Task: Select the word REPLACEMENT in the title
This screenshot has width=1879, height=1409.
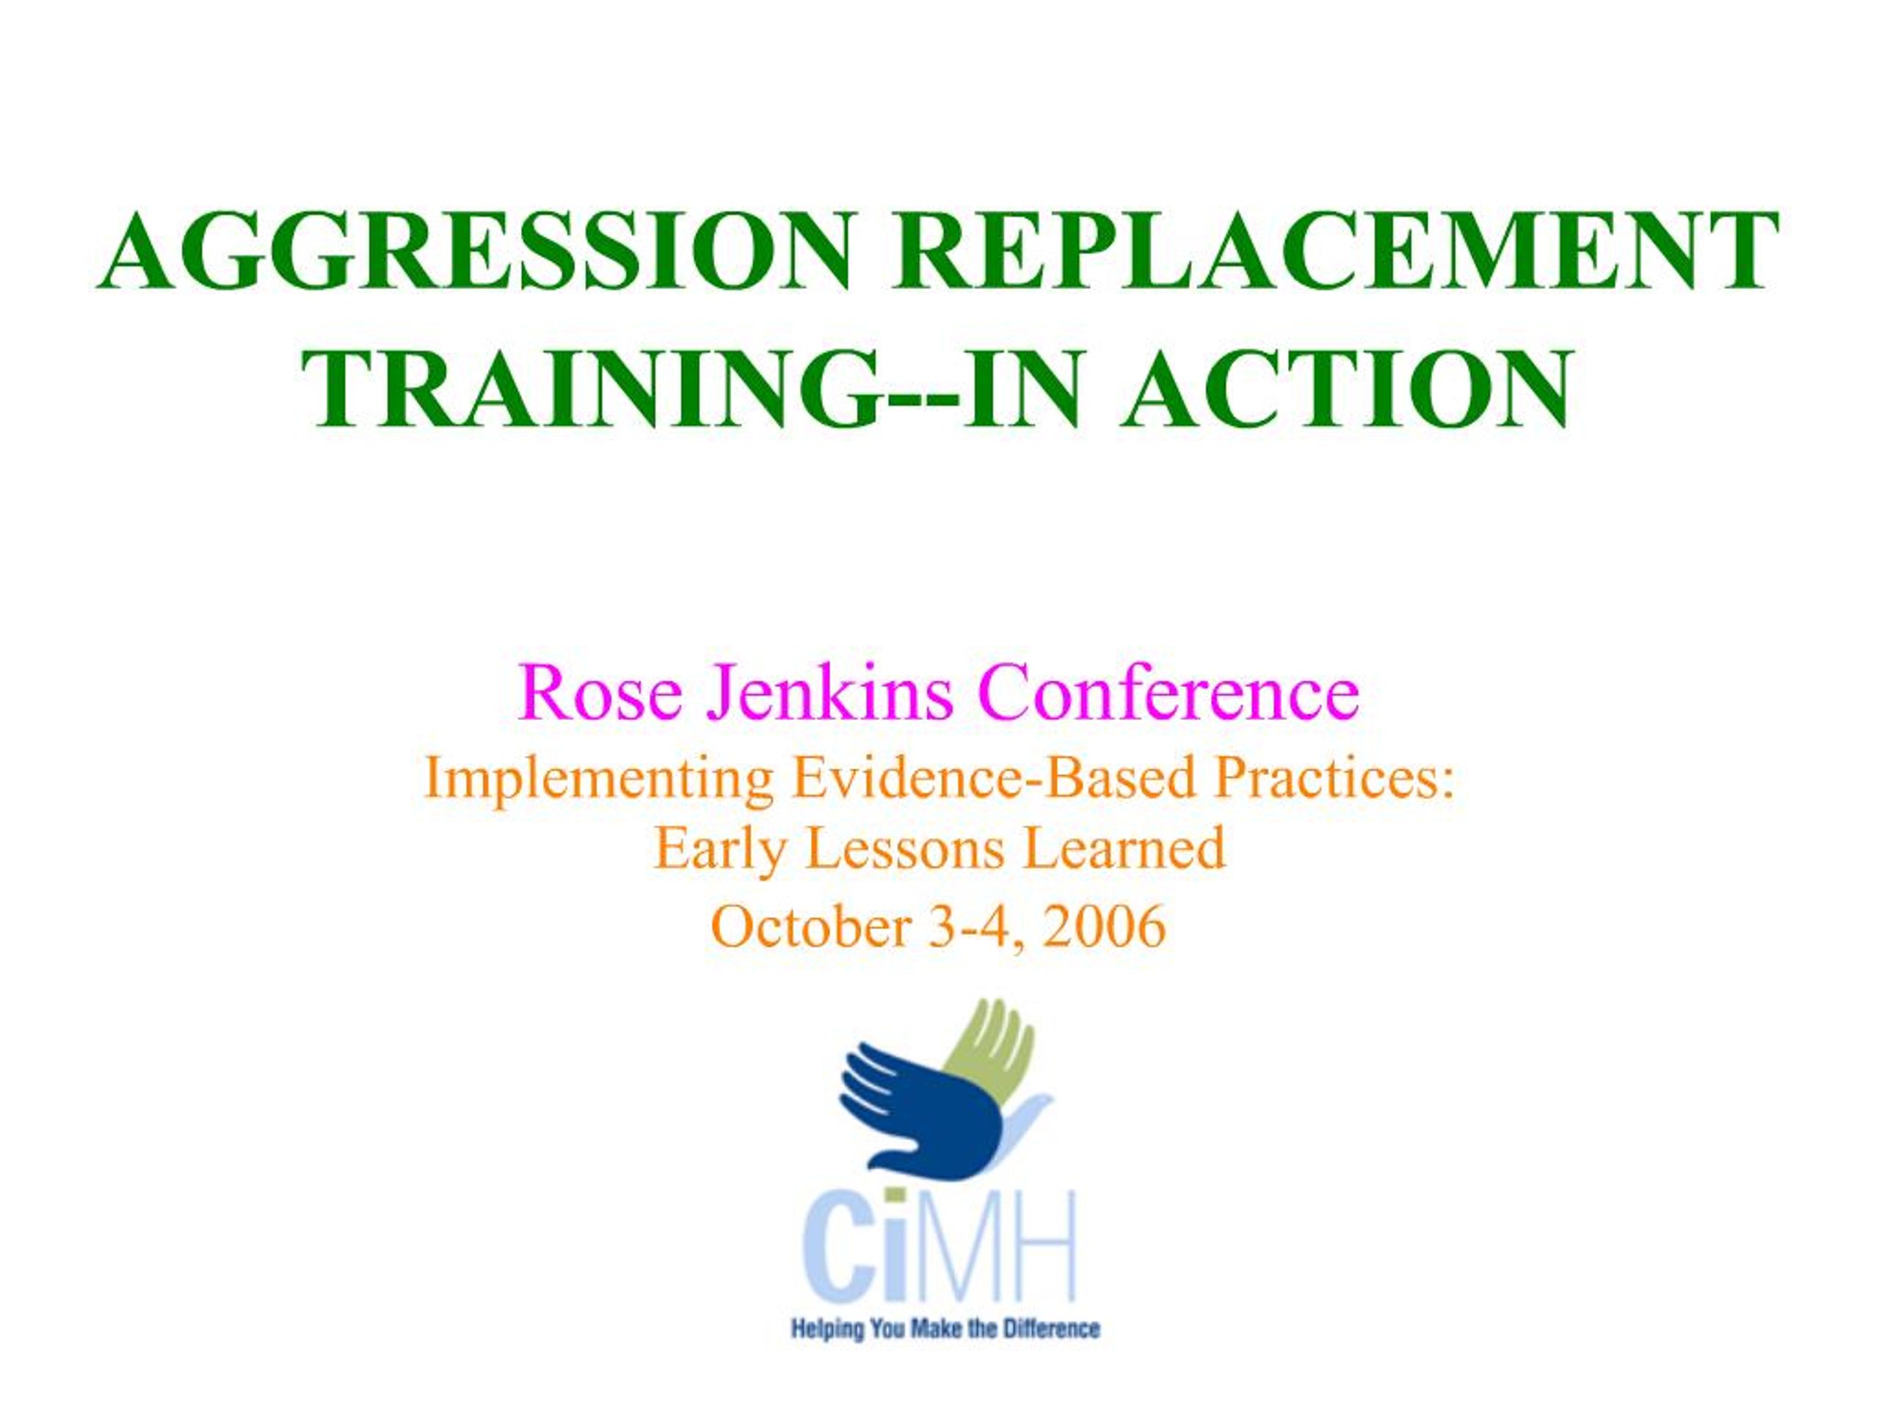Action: pos(1334,252)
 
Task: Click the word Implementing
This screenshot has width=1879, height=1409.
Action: pos(598,781)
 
